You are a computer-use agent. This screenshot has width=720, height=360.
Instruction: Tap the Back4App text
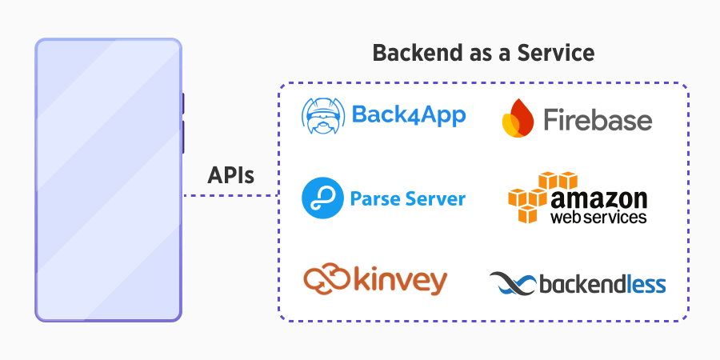408,116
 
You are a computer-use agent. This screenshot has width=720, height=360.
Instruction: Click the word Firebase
598,120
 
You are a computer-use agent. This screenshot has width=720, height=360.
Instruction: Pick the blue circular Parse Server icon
322,198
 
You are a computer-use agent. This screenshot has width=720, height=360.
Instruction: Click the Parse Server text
408,198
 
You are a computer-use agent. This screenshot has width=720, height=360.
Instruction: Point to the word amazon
598,198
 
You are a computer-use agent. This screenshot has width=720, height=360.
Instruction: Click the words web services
598,217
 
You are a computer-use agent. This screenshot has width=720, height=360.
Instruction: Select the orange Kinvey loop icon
327,279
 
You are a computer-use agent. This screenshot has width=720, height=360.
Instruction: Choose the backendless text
602,284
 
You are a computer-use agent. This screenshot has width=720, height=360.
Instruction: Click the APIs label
230,175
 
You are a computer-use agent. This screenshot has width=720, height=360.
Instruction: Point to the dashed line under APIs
230,195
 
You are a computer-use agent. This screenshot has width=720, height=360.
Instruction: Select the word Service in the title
559,54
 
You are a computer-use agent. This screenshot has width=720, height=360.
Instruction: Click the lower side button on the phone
183,136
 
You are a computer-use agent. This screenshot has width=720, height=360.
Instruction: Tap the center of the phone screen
107,180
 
